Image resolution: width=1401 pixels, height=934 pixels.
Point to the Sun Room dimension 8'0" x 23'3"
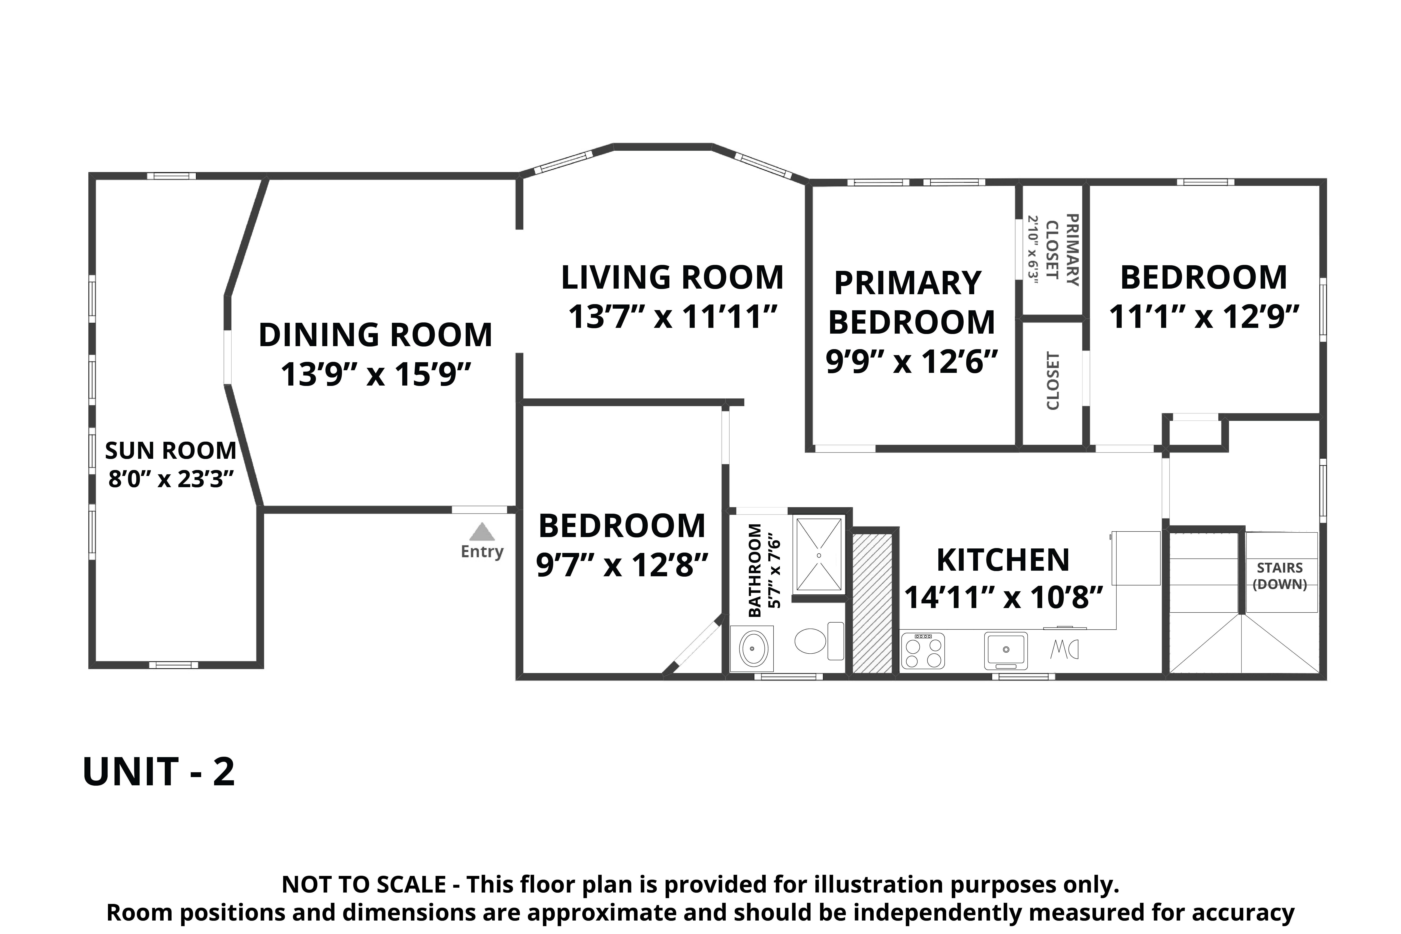tap(170, 478)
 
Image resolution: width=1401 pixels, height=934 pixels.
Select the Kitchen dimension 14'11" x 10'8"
tap(1003, 596)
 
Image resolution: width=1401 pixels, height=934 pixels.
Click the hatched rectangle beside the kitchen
tap(872, 603)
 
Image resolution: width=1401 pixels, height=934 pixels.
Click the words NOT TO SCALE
tap(364, 884)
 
